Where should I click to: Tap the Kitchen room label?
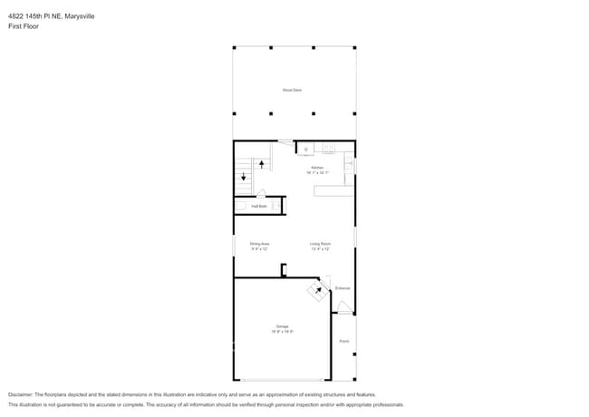pyautogui.click(x=317, y=168)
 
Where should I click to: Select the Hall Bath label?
pyautogui.click(x=259, y=207)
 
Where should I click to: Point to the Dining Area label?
pyautogui.click(x=260, y=243)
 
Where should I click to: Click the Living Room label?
pyautogui.click(x=320, y=243)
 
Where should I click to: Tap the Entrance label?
pyautogui.click(x=343, y=288)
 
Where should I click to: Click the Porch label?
pyautogui.click(x=343, y=341)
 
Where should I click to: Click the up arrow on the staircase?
pyautogui.click(x=263, y=164)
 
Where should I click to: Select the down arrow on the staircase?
pyautogui.click(x=243, y=177)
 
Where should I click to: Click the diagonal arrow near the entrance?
pyautogui.click(x=317, y=291)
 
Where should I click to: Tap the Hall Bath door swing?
pyautogui.click(x=261, y=193)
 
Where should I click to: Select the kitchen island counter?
pyautogui.click(x=333, y=190)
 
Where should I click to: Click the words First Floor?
pyautogui.click(x=24, y=26)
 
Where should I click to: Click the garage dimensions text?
pyautogui.click(x=282, y=332)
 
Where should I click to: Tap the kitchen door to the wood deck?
pyautogui.click(x=285, y=141)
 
